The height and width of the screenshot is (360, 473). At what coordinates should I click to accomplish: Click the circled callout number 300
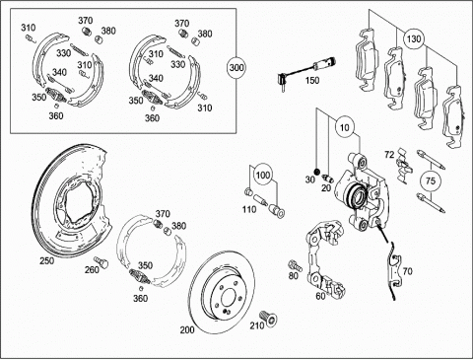coord(236,68)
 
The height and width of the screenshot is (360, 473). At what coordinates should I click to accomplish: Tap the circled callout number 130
coord(414,38)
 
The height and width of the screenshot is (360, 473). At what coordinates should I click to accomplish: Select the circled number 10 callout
coord(345,127)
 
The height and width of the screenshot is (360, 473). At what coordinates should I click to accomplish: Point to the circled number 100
coord(263,175)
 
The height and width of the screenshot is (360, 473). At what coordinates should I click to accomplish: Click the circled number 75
coord(431,180)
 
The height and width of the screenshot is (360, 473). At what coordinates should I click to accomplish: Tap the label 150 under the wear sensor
coord(311,80)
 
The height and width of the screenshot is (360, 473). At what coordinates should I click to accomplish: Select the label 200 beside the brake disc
coord(187,329)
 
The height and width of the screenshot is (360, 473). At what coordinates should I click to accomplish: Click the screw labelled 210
coord(268,319)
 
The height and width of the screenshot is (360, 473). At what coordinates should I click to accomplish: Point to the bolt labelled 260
coord(101,262)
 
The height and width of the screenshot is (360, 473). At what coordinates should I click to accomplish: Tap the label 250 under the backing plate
coord(47,260)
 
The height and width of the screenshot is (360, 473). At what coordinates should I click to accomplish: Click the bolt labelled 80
coord(296,264)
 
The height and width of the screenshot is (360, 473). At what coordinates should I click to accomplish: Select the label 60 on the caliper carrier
coord(320,296)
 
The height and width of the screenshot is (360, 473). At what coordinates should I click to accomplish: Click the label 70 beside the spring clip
coord(407,271)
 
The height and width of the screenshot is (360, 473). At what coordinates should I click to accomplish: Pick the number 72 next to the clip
coord(389,154)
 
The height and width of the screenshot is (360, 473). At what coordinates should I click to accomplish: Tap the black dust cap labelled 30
coord(317,172)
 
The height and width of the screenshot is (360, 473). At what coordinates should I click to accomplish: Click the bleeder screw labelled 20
coord(327,178)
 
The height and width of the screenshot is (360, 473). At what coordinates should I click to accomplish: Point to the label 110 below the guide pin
coord(249,209)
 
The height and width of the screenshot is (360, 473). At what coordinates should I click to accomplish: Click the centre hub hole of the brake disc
coord(228,297)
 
